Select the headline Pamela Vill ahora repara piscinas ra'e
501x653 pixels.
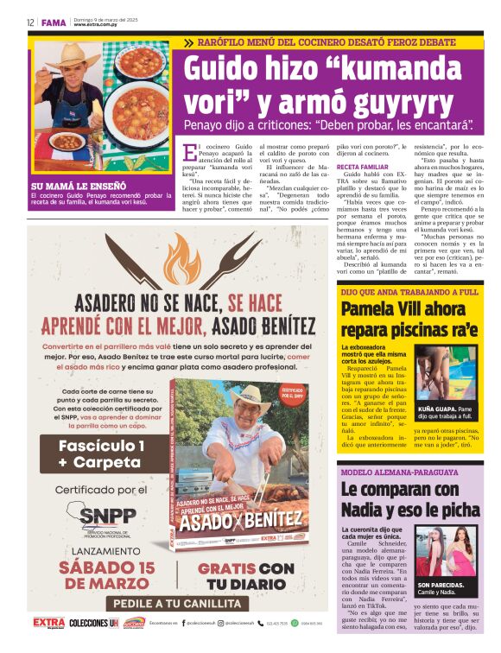408,319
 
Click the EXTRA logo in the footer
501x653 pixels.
48,622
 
